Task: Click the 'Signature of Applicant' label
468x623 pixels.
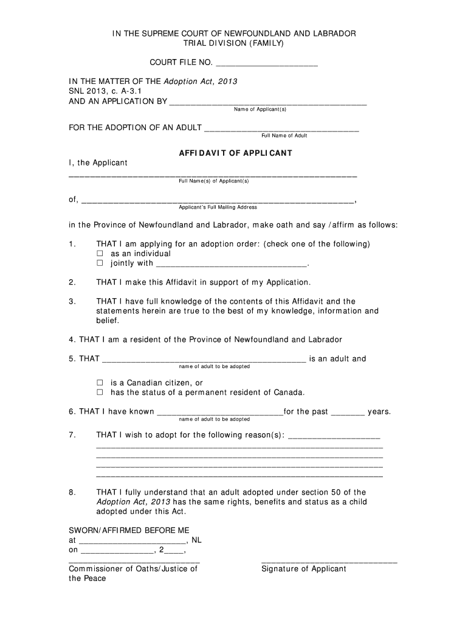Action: pyautogui.click(x=303, y=569)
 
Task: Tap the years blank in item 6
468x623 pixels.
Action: pyautogui.click(x=348, y=413)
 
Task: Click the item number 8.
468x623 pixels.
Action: pyautogui.click(x=72, y=492)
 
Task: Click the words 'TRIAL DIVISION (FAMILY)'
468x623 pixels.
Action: pyautogui.click(x=234, y=43)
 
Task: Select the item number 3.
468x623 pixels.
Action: pyautogui.click(x=72, y=301)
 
